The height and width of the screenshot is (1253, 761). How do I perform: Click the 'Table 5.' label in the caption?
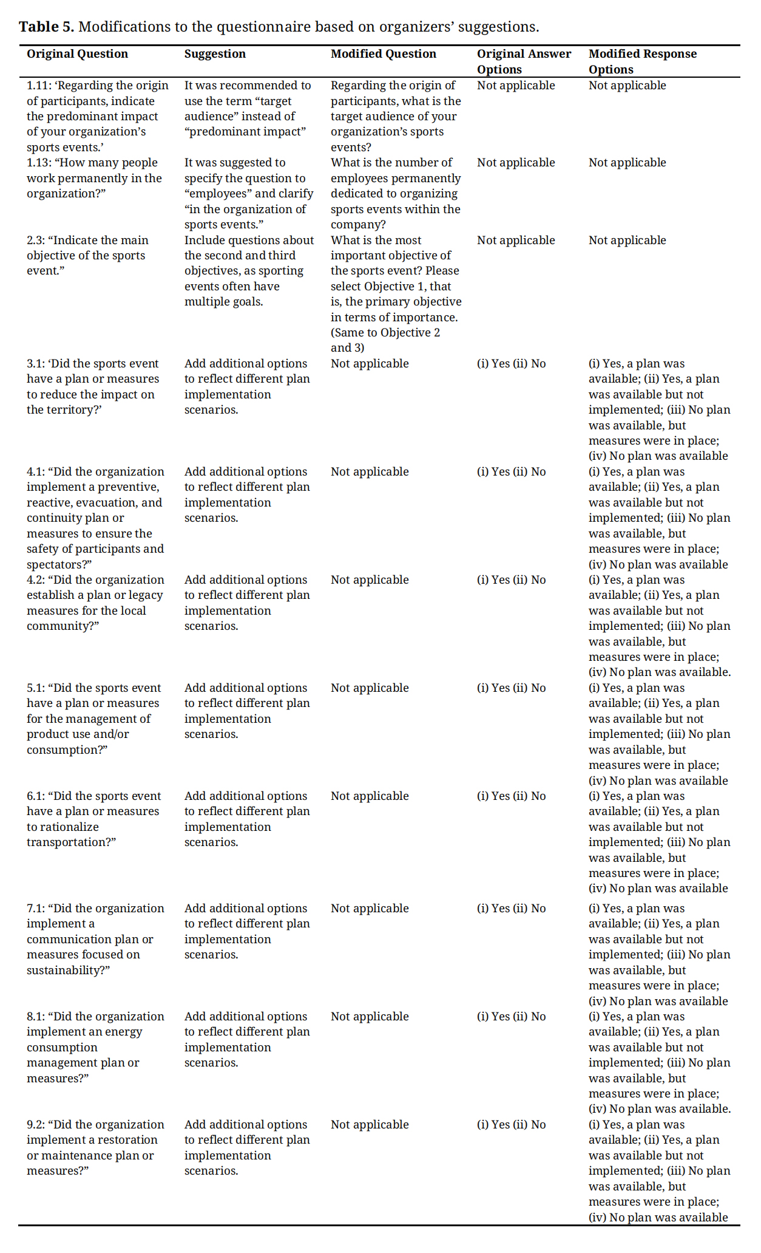click(x=46, y=27)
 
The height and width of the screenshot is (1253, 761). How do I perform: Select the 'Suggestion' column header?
click(x=215, y=54)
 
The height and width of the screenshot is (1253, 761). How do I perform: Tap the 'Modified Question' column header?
click(x=383, y=54)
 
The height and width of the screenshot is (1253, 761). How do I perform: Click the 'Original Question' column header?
click(x=77, y=54)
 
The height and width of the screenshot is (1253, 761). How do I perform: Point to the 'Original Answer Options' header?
click(x=523, y=61)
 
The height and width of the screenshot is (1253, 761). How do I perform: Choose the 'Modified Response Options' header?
click(x=642, y=61)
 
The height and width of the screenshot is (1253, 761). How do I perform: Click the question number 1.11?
click(x=39, y=86)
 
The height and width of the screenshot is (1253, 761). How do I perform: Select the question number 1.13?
click(x=39, y=163)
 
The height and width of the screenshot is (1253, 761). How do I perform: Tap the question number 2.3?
click(x=35, y=241)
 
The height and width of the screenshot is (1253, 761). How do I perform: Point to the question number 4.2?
click(x=35, y=580)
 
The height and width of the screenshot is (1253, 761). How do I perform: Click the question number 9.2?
click(x=35, y=1125)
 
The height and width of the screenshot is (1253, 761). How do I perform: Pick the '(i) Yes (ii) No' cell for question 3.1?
click(x=511, y=364)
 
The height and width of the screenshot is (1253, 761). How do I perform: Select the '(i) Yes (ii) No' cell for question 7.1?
click(x=511, y=909)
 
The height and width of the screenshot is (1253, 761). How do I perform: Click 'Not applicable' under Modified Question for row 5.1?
click(x=370, y=688)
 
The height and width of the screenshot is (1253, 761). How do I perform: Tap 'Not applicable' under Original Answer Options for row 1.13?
click(x=516, y=163)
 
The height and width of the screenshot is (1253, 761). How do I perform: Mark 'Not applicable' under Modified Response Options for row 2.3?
click(x=627, y=241)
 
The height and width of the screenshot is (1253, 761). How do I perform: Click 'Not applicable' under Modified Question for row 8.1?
click(x=370, y=1017)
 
